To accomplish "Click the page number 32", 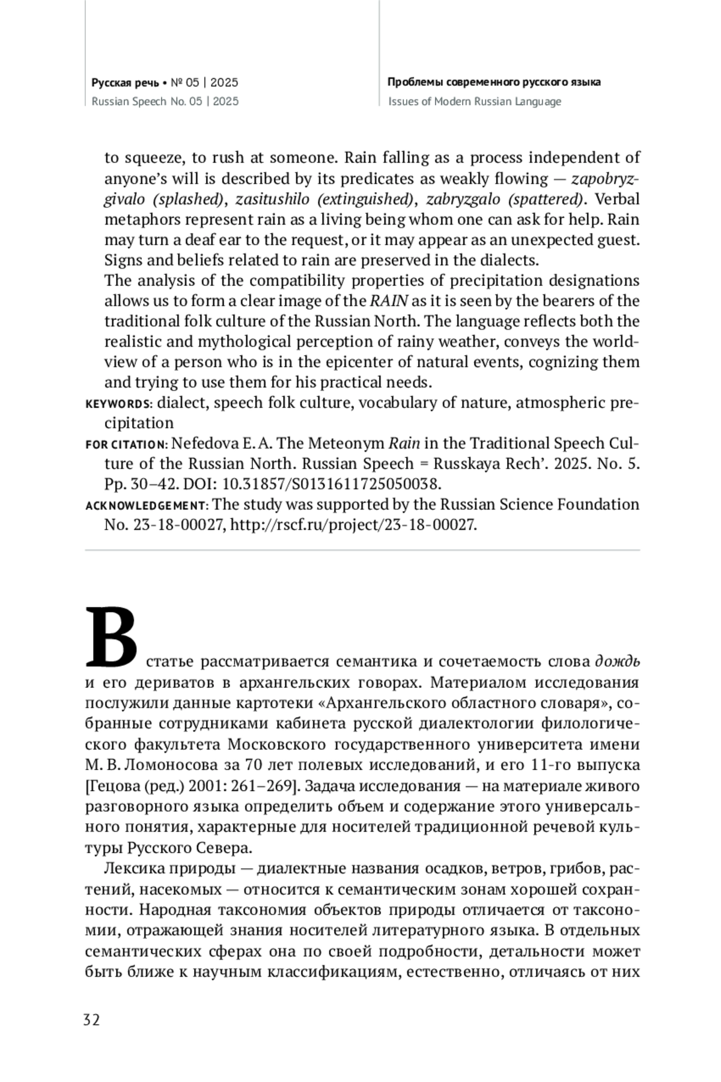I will tap(91, 1020).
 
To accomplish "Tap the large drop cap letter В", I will tap(111, 637).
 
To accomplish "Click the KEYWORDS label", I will tap(119, 404).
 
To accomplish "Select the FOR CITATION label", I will tap(127, 445).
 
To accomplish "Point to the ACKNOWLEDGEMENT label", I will tap(147, 505).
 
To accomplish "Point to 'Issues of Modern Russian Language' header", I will tap(475, 102).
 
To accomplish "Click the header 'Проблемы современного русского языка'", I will tap(494, 82).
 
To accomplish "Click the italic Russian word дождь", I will tap(617, 661).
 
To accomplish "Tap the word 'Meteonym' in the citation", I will tap(347, 444).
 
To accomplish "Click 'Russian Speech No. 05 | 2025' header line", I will tap(165, 102).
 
